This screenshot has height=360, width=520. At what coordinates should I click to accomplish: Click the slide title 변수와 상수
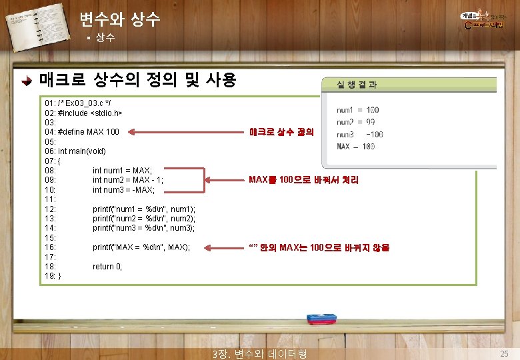tap(119, 19)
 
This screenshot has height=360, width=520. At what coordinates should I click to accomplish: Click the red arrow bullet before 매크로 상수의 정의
tap(26, 82)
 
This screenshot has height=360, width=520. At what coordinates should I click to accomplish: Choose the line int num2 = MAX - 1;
tap(128, 180)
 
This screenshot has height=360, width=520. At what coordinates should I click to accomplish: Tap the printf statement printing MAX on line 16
tap(141, 247)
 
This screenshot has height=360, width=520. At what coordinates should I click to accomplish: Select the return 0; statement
tap(107, 267)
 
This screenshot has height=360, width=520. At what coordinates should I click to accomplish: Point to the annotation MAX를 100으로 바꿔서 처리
tap(303, 180)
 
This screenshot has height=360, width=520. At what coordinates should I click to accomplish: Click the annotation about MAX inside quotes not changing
tap(319, 247)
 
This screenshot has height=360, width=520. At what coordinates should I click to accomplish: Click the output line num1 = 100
tap(358, 110)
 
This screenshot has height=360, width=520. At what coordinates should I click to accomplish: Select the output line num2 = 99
tap(356, 122)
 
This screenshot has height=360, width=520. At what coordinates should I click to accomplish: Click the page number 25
tap(504, 353)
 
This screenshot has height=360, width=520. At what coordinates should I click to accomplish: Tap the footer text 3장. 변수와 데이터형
tap(258, 353)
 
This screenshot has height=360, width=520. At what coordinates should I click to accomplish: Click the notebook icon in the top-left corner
tap(30, 25)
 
